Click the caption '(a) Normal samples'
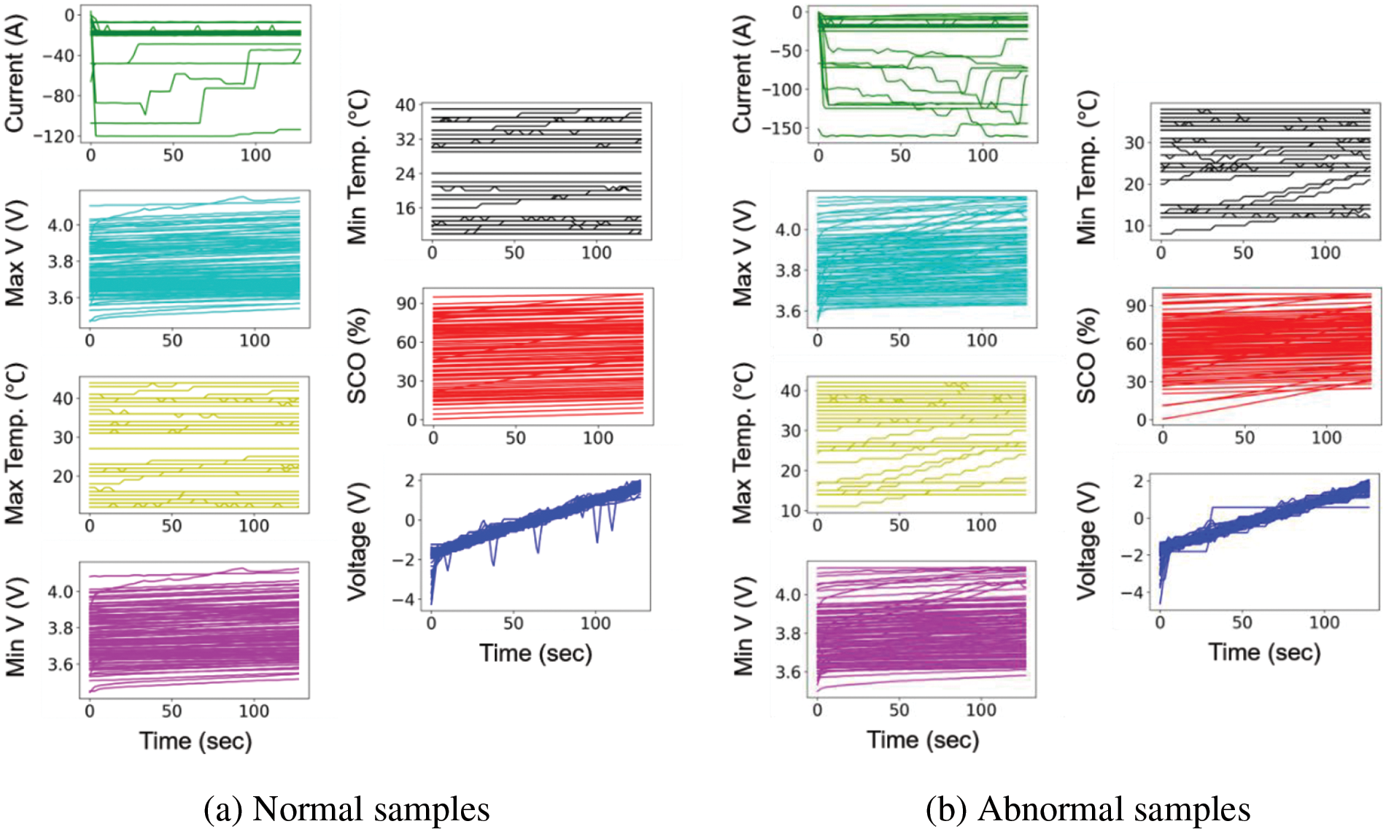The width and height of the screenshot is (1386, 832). pos(346,809)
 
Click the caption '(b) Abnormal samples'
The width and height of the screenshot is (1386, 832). pos(1088,809)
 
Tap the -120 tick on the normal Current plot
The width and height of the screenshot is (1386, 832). pos(58,136)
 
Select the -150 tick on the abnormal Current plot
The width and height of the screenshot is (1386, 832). pos(782,128)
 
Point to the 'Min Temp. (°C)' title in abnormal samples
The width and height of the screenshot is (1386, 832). pos(1086,167)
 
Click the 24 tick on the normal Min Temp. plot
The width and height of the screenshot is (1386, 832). pos(405,174)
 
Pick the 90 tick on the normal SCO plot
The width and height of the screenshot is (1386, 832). pos(406,304)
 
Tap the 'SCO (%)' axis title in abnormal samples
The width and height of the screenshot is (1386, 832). pos(1086,355)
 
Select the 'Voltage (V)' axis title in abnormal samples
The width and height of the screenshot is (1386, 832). pos(1086,541)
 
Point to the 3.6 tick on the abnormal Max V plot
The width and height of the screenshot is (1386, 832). pos(788,312)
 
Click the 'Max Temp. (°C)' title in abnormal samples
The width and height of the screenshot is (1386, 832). pos(742,443)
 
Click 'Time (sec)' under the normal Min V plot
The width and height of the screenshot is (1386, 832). pos(195,741)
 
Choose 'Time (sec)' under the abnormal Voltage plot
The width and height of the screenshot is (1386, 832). pos(1264,652)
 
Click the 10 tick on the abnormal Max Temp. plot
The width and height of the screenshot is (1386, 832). pos(791,511)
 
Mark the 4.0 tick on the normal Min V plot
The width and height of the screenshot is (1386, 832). pos(61,592)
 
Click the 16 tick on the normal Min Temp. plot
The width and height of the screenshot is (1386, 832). pos(405,209)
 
